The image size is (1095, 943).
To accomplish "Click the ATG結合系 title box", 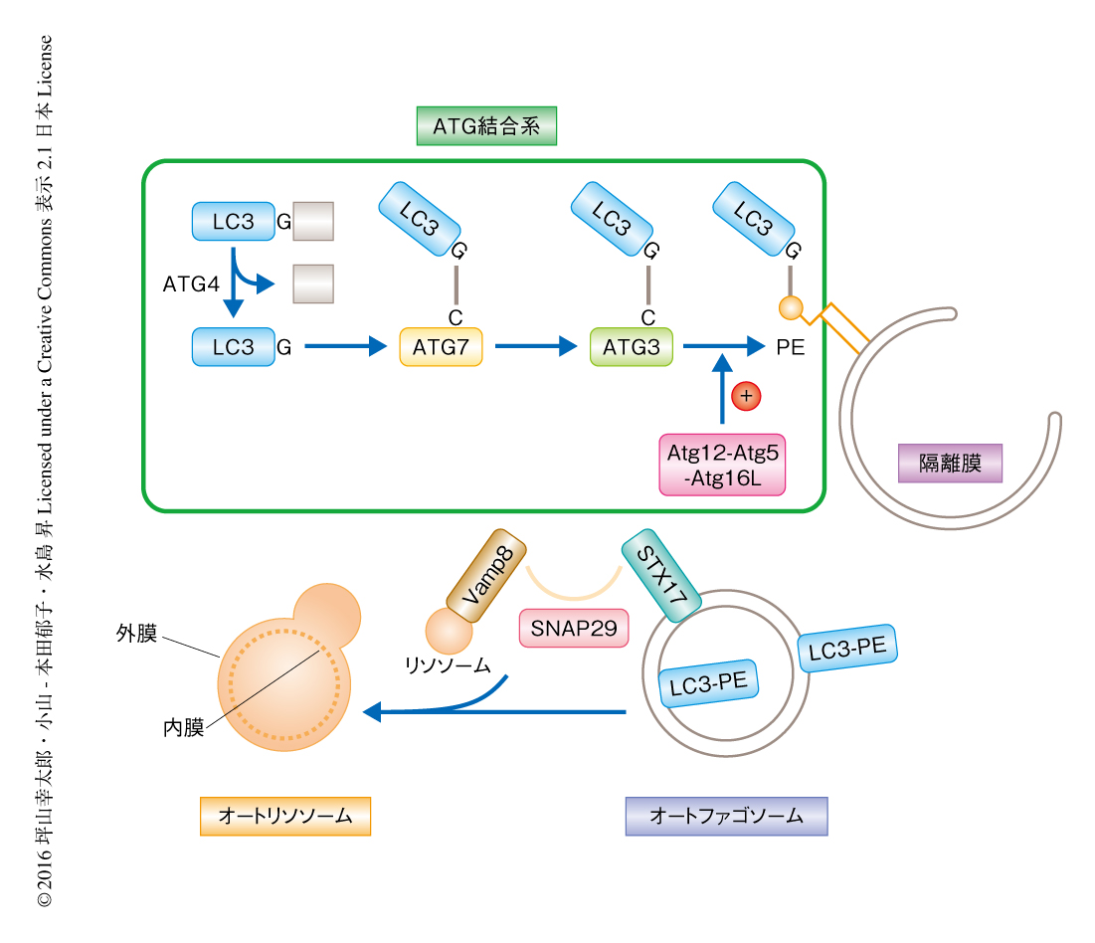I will [x=485, y=126].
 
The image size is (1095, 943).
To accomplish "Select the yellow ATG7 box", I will [x=441, y=347].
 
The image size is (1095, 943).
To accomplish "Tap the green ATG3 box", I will [x=631, y=347].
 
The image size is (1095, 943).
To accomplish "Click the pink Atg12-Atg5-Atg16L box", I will [x=722, y=464].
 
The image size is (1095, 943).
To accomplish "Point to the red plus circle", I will [x=746, y=397].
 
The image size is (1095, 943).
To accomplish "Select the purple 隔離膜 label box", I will [x=950, y=463].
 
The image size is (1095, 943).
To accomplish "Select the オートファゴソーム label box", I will [x=726, y=816].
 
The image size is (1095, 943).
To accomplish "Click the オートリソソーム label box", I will [x=284, y=816].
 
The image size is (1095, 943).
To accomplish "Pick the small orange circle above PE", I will [x=791, y=307].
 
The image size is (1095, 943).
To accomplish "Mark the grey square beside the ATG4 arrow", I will [x=313, y=283].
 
